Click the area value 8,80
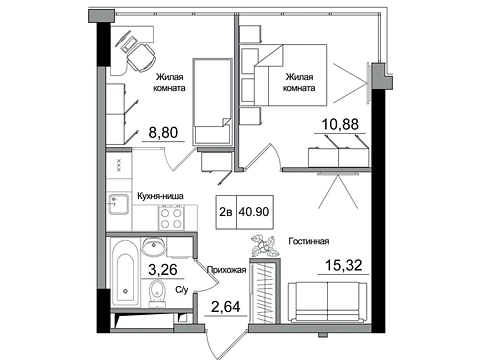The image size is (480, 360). [163, 133]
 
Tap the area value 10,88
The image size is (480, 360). [340, 124]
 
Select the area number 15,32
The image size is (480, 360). [343, 265]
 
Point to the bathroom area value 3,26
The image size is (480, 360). [163, 269]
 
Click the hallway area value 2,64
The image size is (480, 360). [226, 306]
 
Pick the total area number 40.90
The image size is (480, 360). [254, 212]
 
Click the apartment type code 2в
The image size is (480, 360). [226, 212]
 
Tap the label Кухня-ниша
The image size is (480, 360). [160, 196]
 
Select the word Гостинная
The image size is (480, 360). [309, 241]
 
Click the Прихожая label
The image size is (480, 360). [227, 270]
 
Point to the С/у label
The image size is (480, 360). [182, 290]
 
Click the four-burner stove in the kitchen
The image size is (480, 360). [171, 218]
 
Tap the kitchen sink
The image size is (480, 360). [119, 203]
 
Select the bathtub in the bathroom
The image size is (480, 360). [125, 272]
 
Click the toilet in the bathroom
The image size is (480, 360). [157, 294]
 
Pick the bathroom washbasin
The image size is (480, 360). [153, 247]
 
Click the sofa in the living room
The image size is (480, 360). [328, 302]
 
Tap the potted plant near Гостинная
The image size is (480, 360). [265, 246]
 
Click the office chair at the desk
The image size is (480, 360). [141, 57]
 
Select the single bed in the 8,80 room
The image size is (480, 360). [212, 102]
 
